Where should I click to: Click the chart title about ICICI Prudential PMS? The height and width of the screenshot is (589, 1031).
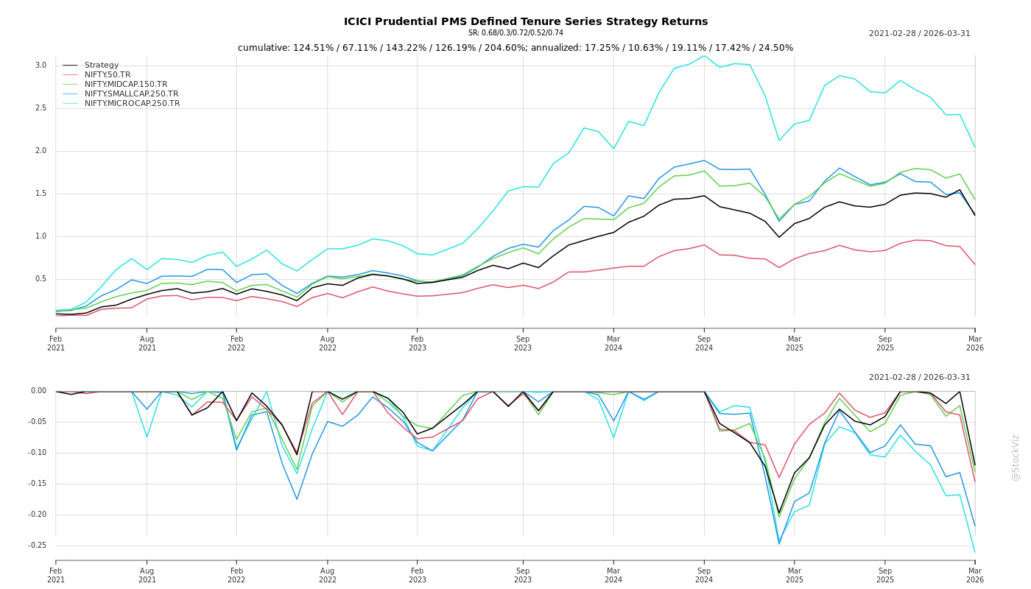click(525, 22)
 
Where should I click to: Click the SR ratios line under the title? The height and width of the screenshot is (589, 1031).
click(515, 33)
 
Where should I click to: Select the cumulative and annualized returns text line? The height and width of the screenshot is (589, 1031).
click(515, 48)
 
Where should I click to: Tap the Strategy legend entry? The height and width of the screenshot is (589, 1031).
click(102, 66)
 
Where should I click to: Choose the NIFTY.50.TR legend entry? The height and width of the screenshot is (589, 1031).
click(108, 75)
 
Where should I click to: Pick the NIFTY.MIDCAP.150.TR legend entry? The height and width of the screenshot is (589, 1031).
click(126, 85)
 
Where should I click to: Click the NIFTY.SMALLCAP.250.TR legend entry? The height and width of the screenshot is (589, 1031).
click(131, 94)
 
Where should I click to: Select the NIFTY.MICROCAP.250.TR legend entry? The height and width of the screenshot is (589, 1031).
click(132, 104)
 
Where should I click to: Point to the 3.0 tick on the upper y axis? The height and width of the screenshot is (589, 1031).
click(41, 66)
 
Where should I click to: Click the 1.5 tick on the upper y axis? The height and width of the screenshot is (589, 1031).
click(41, 194)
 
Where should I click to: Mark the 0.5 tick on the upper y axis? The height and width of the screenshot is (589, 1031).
click(41, 279)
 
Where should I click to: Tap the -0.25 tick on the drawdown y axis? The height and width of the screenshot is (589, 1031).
click(36, 546)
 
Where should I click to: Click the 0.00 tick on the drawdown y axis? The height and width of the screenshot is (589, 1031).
click(38, 391)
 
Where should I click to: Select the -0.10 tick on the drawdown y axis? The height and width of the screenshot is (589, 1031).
click(36, 453)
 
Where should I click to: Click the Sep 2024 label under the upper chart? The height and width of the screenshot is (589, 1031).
click(704, 343)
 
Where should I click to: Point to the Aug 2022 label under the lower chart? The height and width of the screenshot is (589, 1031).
click(328, 575)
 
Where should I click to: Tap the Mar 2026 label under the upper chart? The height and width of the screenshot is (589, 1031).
click(975, 343)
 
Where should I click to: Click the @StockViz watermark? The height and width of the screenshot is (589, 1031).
click(1016, 457)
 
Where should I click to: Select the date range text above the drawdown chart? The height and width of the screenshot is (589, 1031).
click(919, 378)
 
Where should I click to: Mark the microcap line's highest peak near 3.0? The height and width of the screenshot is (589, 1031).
click(704, 56)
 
